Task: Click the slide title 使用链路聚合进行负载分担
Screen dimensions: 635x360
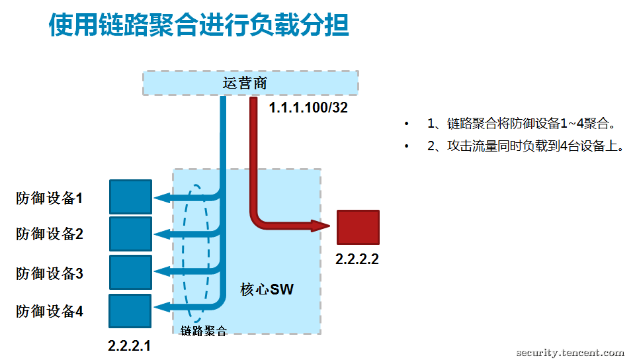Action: (x=199, y=24)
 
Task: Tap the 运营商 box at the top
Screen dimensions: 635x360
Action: (x=250, y=83)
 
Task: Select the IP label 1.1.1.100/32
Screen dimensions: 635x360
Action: (x=308, y=107)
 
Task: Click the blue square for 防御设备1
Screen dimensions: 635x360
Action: (x=130, y=197)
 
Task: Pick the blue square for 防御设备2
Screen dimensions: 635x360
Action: (x=130, y=234)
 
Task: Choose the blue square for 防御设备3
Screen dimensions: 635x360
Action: (x=130, y=272)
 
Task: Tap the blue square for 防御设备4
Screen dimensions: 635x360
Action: (x=130, y=311)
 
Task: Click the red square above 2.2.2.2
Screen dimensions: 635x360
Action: (x=358, y=227)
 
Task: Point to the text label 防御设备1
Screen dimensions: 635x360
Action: (x=50, y=198)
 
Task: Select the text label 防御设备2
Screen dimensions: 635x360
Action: (x=50, y=234)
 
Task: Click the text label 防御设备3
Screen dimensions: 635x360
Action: (x=50, y=273)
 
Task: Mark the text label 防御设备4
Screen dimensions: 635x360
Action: (x=50, y=311)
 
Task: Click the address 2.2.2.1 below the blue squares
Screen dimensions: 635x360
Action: (x=129, y=345)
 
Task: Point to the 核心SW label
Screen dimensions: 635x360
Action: (x=267, y=289)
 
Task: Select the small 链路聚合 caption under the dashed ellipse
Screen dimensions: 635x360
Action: (x=203, y=331)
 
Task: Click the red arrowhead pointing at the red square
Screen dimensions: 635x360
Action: (x=321, y=226)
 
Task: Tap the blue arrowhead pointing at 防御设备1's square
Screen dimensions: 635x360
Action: (x=162, y=198)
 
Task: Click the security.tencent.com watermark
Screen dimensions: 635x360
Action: (x=570, y=353)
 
